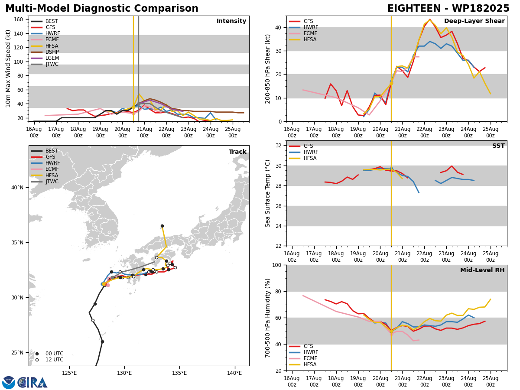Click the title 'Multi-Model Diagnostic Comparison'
coord(102,9)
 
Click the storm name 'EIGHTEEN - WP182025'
coord(448,9)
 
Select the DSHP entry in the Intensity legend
coord(52,52)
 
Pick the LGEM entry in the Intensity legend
coord(52,58)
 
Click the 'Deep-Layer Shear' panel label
coord(474,21)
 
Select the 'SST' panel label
coord(498,146)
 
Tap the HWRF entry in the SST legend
coord(311,152)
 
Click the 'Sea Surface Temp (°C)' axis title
coord(268,193)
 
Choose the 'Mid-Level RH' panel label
coord(482,270)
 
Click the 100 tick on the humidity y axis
coord(278,265)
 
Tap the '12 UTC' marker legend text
coord(54,360)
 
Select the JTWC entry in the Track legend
coord(52,182)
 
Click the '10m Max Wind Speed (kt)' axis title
coord(8,68)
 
